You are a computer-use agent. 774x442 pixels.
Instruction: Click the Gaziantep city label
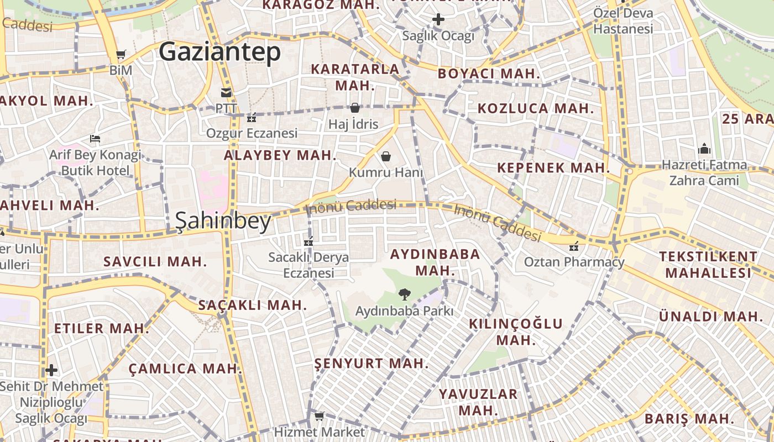(219, 52)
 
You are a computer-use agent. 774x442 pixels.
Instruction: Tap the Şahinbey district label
(223, 221)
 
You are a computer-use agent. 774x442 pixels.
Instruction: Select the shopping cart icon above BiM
(121, 55)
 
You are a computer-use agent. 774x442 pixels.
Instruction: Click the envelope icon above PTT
(226, 92)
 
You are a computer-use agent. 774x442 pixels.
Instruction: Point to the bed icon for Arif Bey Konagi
(95, 139)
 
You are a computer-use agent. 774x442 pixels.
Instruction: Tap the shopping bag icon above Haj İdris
(354, 108)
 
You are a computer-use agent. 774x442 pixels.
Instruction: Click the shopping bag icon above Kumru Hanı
(386, 157)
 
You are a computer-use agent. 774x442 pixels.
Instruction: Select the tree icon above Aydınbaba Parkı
(404, 294)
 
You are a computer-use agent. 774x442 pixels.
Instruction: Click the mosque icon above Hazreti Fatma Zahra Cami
(704, 149)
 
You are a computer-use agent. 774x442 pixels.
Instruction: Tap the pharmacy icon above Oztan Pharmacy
(574, 246)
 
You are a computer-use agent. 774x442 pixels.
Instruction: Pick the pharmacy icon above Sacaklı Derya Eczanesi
(308, 241)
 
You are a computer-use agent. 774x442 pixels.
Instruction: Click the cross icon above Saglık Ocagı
(438, 20)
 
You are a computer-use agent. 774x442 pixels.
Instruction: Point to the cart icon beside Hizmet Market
(319, 416)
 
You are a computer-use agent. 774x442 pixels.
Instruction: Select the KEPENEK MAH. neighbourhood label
(553, 168)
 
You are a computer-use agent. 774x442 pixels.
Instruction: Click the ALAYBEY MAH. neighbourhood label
(280, 155)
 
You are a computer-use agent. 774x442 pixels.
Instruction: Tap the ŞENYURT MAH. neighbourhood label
(372, 363)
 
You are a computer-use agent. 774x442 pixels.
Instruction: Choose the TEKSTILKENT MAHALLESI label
(708, 264)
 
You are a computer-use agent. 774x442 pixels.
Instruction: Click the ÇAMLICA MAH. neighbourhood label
(185, 369)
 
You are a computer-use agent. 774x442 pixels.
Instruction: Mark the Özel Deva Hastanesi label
(623, 20)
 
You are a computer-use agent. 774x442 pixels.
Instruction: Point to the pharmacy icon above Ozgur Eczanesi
(252, 118)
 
